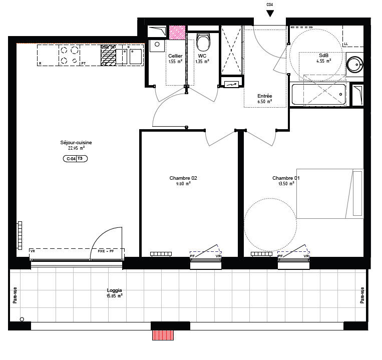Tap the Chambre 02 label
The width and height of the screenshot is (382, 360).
click(x=180, y=178)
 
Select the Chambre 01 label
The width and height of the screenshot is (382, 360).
click(x=286, y=178)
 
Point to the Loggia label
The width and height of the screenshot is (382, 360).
click(x=115, y=290)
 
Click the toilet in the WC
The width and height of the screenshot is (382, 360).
click(x=203, y=41)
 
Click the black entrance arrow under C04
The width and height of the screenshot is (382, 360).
click(x=270, y=14)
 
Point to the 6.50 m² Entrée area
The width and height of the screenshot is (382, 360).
click(x=264, y=102)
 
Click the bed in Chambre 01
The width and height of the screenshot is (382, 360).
click(x=329, y=194)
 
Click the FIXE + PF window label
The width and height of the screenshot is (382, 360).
click(x=106, y=251)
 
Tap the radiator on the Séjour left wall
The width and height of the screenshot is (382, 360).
click(x=20, y=235)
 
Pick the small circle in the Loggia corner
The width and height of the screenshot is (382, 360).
click(x=22, y=319)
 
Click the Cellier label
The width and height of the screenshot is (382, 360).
click(x=175, y=56)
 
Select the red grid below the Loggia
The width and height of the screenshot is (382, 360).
click(x=163, y=335)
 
